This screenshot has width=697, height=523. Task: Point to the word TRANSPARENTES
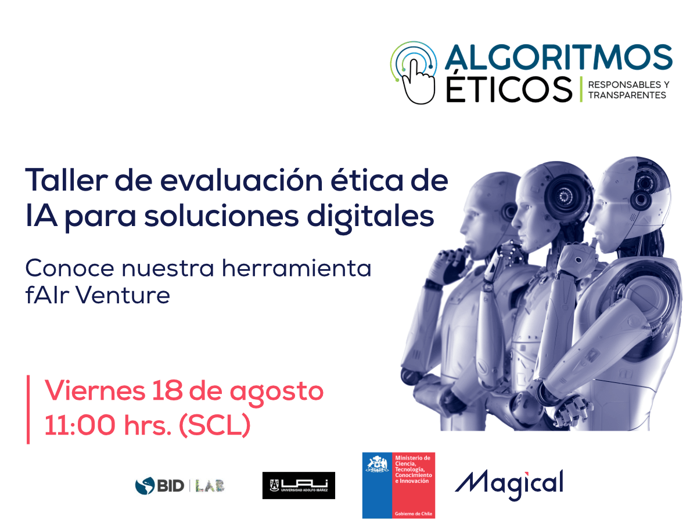627,95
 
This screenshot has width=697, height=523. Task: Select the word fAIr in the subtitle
46,295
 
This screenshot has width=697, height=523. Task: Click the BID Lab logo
180,485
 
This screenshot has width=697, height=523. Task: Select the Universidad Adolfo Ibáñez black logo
299,485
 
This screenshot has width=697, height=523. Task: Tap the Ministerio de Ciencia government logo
398,485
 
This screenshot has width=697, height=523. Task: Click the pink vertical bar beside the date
28,409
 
